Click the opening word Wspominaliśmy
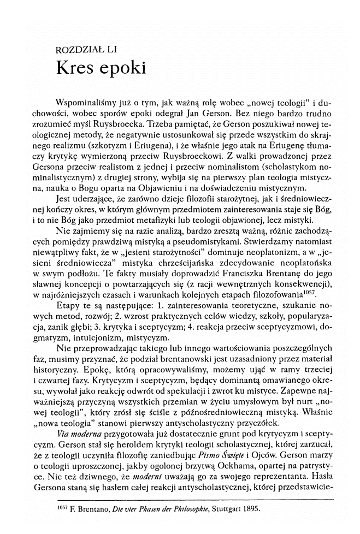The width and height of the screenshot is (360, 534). (83, 102)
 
